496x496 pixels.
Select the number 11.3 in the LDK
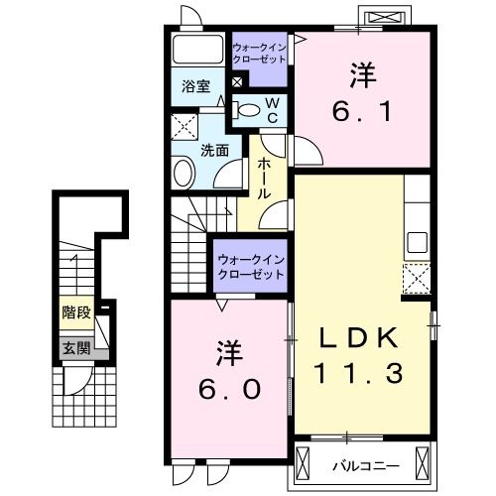(x=360, y=375)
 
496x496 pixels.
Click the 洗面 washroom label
(x=215, y=150)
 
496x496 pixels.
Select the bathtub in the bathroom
(x=196, y=51)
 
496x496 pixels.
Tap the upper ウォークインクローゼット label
(x=259, y=53)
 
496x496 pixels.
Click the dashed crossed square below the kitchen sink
(x=417, y=279)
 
